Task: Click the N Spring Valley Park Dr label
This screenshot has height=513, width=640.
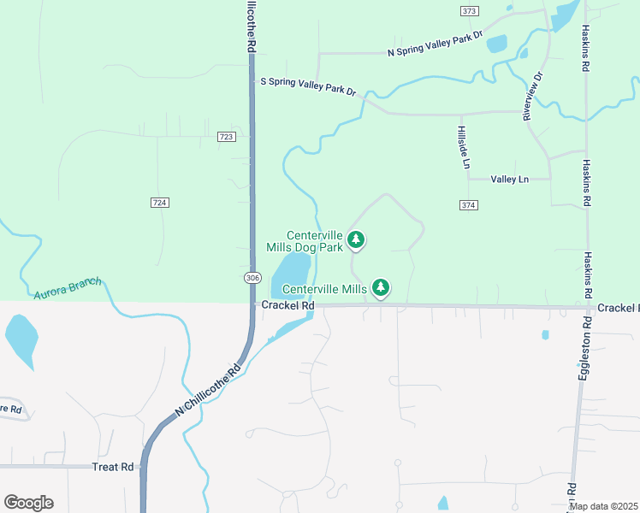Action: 436,46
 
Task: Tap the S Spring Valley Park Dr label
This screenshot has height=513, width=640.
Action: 308,86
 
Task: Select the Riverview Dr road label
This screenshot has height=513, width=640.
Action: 533,96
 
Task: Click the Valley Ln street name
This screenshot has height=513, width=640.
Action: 511,180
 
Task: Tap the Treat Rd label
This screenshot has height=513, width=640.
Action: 116,467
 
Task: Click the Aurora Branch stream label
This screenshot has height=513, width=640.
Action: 68,288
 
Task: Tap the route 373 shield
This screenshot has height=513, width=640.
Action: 469,11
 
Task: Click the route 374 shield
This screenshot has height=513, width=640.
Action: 467,205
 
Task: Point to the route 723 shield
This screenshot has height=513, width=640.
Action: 226,137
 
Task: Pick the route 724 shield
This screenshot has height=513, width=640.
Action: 159,203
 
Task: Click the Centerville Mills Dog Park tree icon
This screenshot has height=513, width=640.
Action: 357,240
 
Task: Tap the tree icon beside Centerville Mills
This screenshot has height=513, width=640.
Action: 381,288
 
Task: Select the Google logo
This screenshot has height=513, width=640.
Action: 28,503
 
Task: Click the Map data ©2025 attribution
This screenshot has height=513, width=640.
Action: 604,506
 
